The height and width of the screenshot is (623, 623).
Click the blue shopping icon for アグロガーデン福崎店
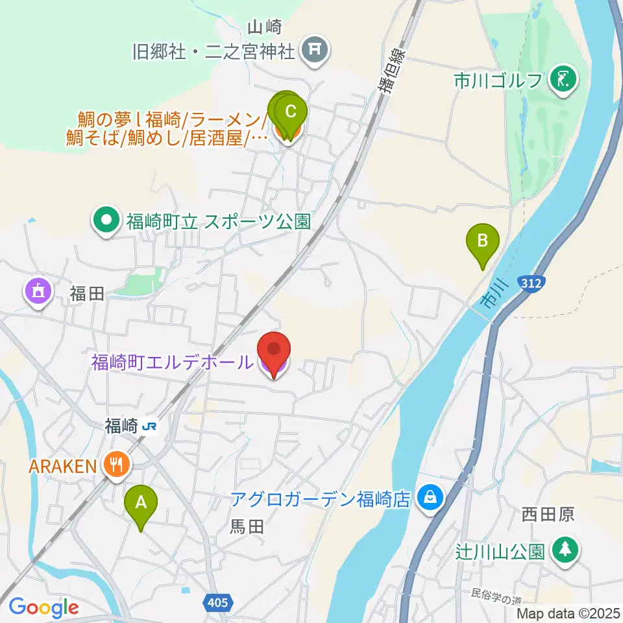(429, 498)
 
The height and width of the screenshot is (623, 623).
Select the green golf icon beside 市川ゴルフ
(562, 81)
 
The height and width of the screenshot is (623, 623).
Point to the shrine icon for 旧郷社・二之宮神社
(316, 49)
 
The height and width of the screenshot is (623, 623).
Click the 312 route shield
(535, 283)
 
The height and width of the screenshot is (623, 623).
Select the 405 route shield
(219, 603)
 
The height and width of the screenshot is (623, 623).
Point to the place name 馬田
(247, 527)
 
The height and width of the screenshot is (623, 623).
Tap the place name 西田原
(548, 515)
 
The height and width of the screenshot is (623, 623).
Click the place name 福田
(87, 294)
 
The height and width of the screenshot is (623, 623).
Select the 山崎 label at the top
(266, 27)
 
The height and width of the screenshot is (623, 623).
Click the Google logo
(43, 607)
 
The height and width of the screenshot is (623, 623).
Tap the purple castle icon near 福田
(38, 291)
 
